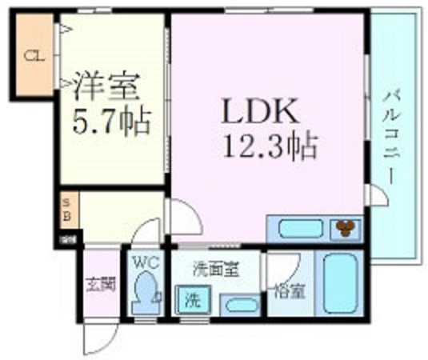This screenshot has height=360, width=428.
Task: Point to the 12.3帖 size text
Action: (x=272, y=146)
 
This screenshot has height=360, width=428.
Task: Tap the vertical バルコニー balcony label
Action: (x=391, y=136)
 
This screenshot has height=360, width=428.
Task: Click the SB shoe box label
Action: (x=67, y=210)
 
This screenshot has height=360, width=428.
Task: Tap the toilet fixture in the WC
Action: (x=146, y=293)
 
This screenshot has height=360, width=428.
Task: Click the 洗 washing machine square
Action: (x=192, y=301)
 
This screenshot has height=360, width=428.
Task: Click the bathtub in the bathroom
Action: (x=339, y=284)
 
